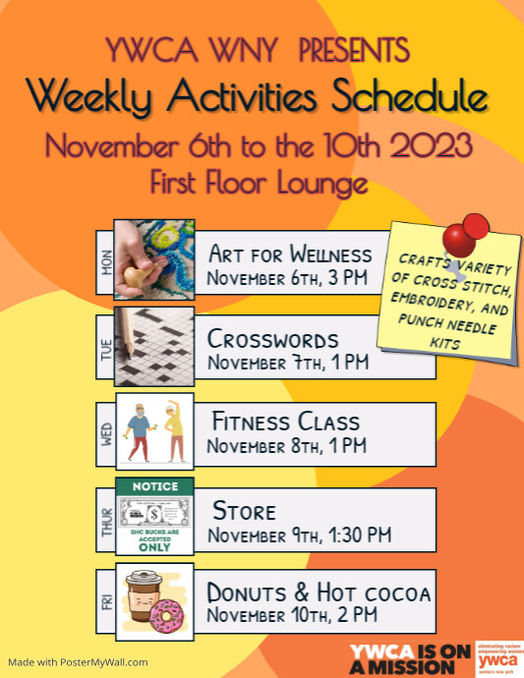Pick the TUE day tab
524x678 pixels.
106,348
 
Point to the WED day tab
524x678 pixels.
106,432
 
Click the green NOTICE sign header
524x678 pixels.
155,486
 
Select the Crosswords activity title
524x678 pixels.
272,340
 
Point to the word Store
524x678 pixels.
244,511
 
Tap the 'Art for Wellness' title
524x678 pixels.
290,254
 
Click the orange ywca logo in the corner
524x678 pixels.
497,658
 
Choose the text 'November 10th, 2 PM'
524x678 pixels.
292,616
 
